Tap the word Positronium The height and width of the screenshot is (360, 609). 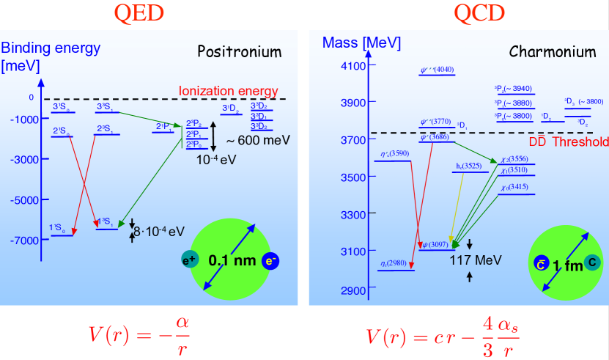click(239, 52)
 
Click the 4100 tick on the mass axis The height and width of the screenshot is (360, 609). click(346, 65)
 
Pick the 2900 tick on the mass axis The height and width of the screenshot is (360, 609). click(346, 290)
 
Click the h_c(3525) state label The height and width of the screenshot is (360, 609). click(468, 166)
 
